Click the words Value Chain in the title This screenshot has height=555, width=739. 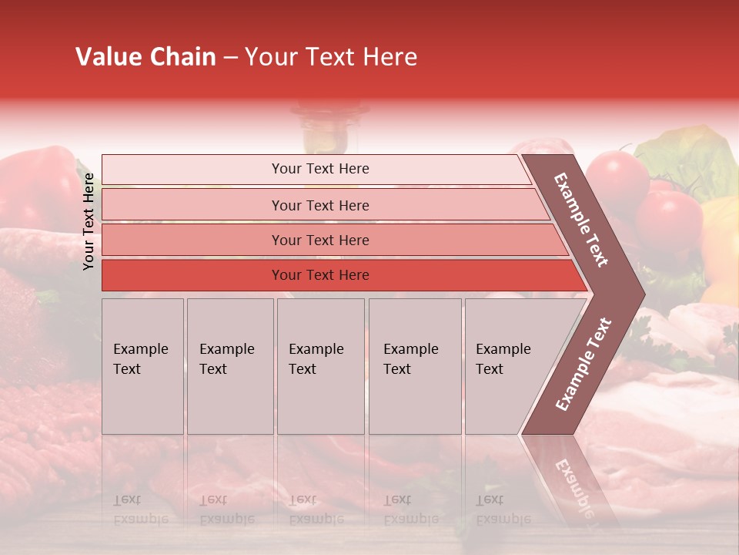click(x=145, y=57)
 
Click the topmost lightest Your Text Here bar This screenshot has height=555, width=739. click(x=319, y=169)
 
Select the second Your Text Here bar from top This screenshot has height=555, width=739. click(x=319, y=205)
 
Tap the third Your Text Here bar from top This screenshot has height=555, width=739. click(x=319, y=240)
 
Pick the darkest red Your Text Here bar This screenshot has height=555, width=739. click(x=319, y=275)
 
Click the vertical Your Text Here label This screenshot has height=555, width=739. click(x=89, y=221)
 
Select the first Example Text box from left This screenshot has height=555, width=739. click(x=142, y=365)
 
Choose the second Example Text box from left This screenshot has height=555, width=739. click(x=229, y=365)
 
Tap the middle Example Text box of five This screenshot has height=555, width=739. click(x=319, y=365)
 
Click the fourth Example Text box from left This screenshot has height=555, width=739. click(x=414, y=365)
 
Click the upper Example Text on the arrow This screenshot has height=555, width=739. click(x=582, y=220)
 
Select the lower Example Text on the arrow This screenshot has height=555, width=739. click(x=584, y=365)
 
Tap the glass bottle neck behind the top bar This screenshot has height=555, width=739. click(x=324, y=127)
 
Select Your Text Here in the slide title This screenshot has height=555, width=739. click(x=331, y=57)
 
